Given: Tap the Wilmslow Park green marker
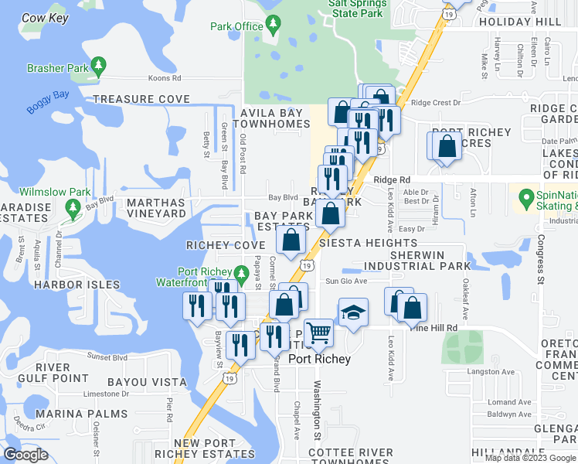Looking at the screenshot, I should tap(73, 206).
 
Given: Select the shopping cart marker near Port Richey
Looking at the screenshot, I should tap(318, 333).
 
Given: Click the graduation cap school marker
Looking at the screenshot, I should tap(353, 312).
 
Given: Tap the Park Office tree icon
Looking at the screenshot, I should tap(273, 26).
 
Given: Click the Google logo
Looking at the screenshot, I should tap(25, 455).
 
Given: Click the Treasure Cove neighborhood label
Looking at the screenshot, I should tap(141, 99).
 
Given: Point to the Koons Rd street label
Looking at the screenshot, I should tap(165, 78).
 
